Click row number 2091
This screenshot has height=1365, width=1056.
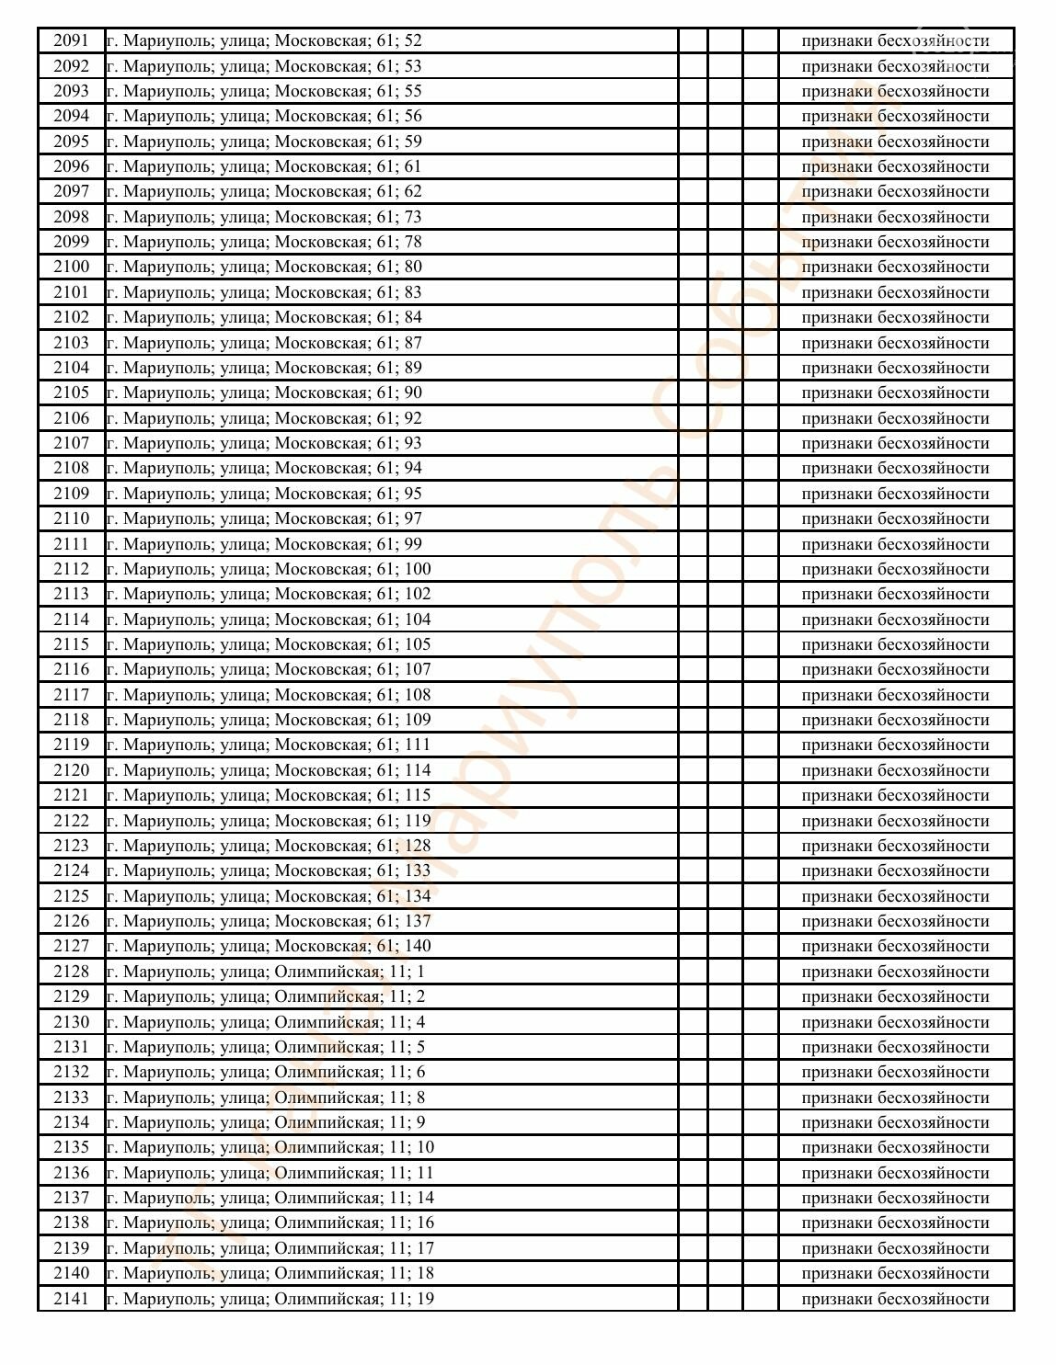[71, 40]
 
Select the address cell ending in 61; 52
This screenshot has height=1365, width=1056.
[264, 40]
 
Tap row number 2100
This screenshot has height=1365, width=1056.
[71, 267]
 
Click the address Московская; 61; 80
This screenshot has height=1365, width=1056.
[264, 267]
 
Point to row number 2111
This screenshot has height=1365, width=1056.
[71, 544]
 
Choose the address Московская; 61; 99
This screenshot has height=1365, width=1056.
[264, 544]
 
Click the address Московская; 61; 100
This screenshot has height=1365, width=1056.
[269, 569]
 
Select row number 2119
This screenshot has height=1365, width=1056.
[71, 745]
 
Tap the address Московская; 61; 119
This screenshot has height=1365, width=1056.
[269, 821]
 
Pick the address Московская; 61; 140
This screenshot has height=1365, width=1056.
[269, 946]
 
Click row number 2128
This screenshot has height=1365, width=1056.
[71, 972]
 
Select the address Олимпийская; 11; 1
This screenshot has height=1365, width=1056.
[266, 972]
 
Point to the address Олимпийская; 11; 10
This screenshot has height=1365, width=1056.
[270, 1147]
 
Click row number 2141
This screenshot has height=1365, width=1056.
[71, 1299]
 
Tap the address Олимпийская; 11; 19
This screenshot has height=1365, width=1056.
[270, 1299]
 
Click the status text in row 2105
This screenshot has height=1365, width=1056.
[895, 392]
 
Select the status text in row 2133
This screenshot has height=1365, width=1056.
[895, 1098]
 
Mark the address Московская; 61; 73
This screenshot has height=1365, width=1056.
[264, 217]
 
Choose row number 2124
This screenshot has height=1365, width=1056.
[71, 870]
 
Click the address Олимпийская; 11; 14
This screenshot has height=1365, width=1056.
[270, 1198]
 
